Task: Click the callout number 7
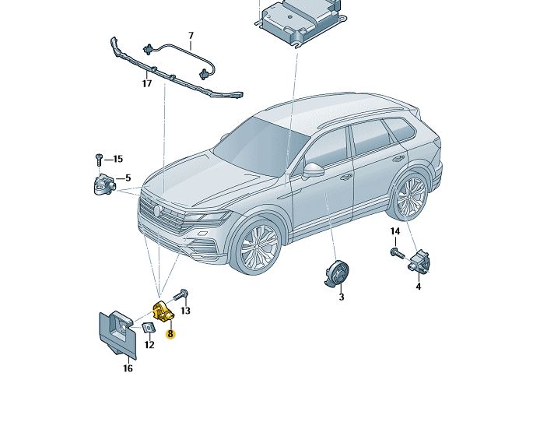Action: click(x=191, y=36)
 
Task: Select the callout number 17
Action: click(x=146, y=84)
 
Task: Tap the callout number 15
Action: click(x=118, y=160)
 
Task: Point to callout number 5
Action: click(x=128, y=178)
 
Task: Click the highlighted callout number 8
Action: click(x=170, y=333)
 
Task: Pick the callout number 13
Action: click(x=185, y=311)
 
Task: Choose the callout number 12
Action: click(x=149, y=344)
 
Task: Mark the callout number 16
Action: click(x=128, y=368)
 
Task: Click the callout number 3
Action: click(x=341, y=297)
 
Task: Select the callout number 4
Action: click(x=418, y=287)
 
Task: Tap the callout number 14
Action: click(x=394, y=231)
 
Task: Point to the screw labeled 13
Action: click(x=181, y=295)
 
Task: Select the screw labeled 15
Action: click(x=99, y=159)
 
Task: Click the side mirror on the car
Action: click(x=313, y=170)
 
